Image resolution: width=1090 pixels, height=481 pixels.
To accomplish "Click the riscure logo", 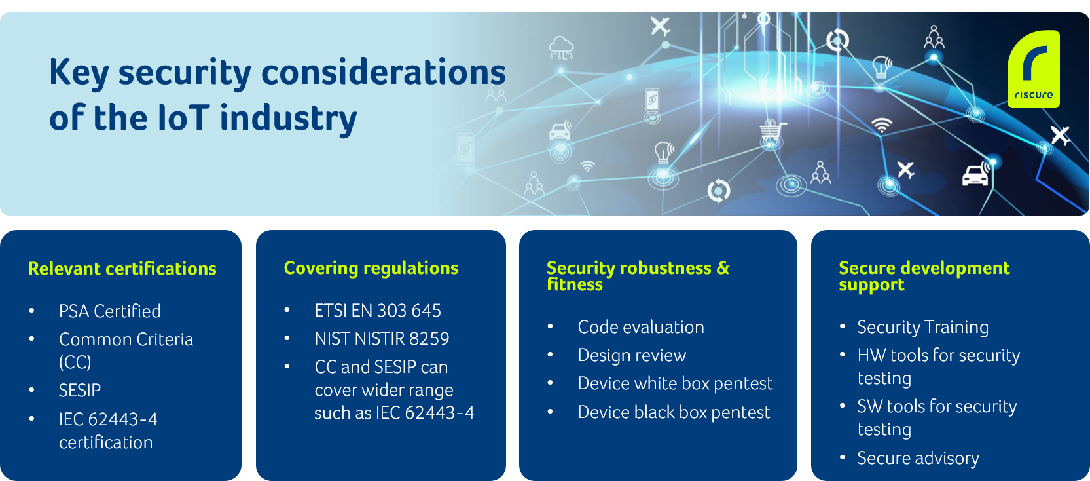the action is (x=1034, y=69).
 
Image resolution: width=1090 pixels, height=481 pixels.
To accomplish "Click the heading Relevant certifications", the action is (x=122, y=269).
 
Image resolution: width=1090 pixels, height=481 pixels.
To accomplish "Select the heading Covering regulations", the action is (x=371, y=268).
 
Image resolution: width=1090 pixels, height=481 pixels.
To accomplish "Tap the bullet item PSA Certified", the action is (x=109, y=311).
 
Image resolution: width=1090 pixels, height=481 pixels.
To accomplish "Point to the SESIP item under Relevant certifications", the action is (x=80, y=391).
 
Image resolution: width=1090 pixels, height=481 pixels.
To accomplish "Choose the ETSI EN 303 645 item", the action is (x=378, y=311).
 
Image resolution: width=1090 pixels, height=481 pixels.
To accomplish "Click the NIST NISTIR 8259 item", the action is (x=382, y=339).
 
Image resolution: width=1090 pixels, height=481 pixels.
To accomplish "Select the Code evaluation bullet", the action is (x=641, y=327).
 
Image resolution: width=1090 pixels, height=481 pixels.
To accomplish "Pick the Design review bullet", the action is (x=632, y=355).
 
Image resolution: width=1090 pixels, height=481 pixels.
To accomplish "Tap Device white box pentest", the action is (x=675, y=383).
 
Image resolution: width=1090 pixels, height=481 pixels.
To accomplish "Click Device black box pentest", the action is (x=674, y=412).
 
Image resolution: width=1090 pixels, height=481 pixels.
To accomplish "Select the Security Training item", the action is (x=922, y=327).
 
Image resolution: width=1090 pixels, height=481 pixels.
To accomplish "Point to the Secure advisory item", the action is (x=918, y=458).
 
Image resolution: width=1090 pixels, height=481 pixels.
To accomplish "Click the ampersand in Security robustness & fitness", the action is (x=723, y=267).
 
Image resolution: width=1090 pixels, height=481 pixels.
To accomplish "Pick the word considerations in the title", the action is (x=384, y=72).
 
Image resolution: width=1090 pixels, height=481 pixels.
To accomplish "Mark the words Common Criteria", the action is (x=126, y=339).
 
